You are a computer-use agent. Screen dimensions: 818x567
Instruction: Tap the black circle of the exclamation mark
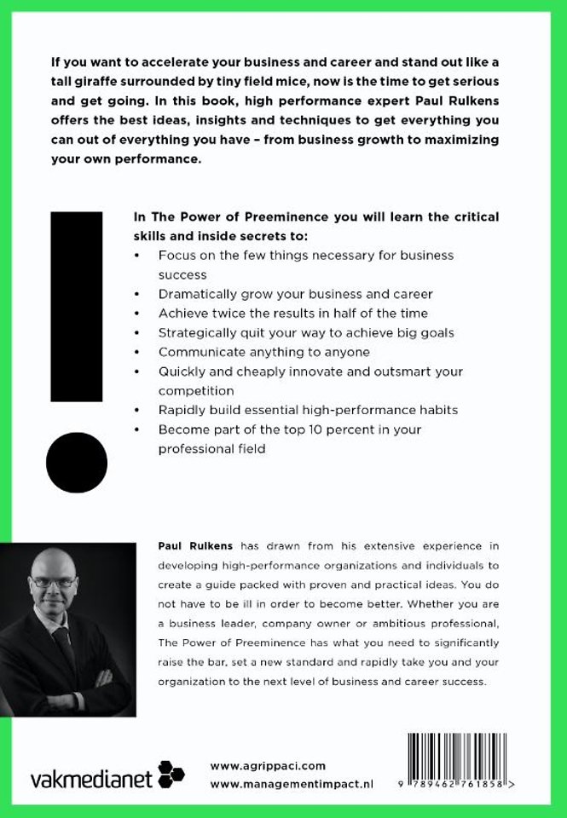[76, 463]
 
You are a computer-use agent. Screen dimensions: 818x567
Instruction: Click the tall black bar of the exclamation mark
[76, 306]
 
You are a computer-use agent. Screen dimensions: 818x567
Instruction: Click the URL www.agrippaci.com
[267, 766]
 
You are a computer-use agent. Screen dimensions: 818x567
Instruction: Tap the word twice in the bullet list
[226, 313]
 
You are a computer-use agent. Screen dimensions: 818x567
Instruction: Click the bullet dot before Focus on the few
[138, 256]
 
